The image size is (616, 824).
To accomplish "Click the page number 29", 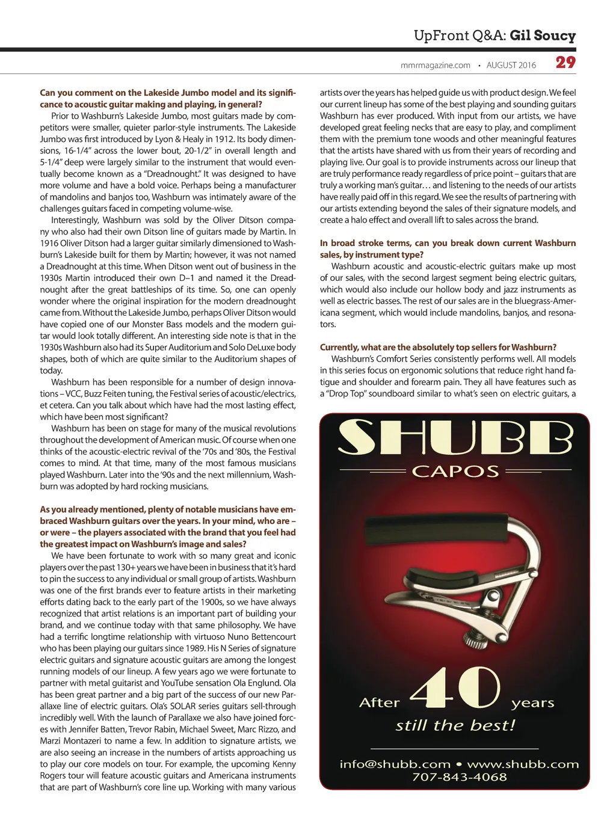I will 565,63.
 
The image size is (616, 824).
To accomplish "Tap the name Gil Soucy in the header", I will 543,35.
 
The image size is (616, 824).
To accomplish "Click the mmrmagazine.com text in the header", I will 435,65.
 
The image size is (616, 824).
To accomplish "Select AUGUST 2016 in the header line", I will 511,65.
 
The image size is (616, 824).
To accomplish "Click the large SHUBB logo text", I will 455,438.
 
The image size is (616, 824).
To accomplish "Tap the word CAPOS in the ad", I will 455,471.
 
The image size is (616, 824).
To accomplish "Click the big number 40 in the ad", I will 455,689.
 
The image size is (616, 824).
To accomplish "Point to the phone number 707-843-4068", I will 459,776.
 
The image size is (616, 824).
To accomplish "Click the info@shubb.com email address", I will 395,764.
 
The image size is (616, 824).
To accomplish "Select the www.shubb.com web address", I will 522,764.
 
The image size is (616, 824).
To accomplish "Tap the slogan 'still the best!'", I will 455,725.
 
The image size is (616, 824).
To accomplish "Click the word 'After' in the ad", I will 379,703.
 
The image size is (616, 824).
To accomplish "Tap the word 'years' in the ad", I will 532,703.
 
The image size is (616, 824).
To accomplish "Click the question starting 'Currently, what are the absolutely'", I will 438,347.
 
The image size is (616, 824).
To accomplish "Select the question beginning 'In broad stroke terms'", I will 448,249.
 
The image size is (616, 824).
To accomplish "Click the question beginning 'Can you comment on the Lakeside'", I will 168,99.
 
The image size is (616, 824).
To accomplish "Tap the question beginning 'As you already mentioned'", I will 168,527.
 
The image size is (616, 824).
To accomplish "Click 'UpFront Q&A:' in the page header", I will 460,35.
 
